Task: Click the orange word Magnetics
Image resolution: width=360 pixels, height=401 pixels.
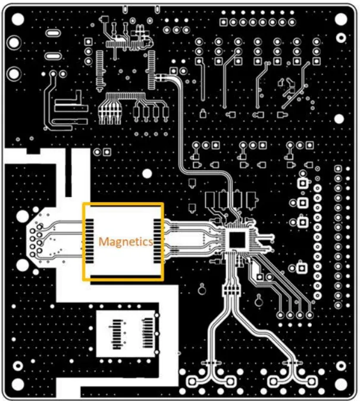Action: pos(126,242)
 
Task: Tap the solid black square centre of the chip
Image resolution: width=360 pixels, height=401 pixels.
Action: pos(237,240)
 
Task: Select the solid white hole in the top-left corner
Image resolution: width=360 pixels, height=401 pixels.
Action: pos(18,19)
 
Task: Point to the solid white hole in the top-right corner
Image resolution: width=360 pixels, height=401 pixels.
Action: pos(341,19)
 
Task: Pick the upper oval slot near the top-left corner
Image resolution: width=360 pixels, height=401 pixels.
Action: pos(53,33)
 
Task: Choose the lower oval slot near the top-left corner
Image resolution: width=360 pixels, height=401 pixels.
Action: pos(53,56)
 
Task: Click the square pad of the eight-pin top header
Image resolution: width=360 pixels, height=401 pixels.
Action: pos(223,22)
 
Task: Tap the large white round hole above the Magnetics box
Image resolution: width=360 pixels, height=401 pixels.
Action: pos(147,174)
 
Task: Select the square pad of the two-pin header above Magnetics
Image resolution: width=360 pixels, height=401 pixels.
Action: pos(107,152)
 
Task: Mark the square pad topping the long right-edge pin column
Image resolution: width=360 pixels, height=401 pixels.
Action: pos(338,168)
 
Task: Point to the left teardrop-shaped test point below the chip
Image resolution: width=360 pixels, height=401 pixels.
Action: pos(202,289)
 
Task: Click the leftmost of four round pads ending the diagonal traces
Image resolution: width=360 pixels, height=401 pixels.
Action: pos(280,315)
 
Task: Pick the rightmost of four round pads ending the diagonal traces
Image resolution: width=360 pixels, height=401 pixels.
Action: pos(309,315)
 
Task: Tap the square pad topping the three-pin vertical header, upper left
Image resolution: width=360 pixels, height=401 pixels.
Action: pos(88,42)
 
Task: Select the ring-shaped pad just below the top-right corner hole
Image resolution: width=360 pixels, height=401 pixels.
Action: pos(341,38)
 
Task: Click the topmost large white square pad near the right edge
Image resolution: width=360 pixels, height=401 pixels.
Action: pos(303,183)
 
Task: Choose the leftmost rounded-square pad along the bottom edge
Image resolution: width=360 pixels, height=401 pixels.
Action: pos(192,381)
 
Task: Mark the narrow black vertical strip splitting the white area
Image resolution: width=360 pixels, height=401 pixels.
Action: pos(68,173)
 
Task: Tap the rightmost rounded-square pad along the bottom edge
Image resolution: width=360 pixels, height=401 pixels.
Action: pos(311,381)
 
